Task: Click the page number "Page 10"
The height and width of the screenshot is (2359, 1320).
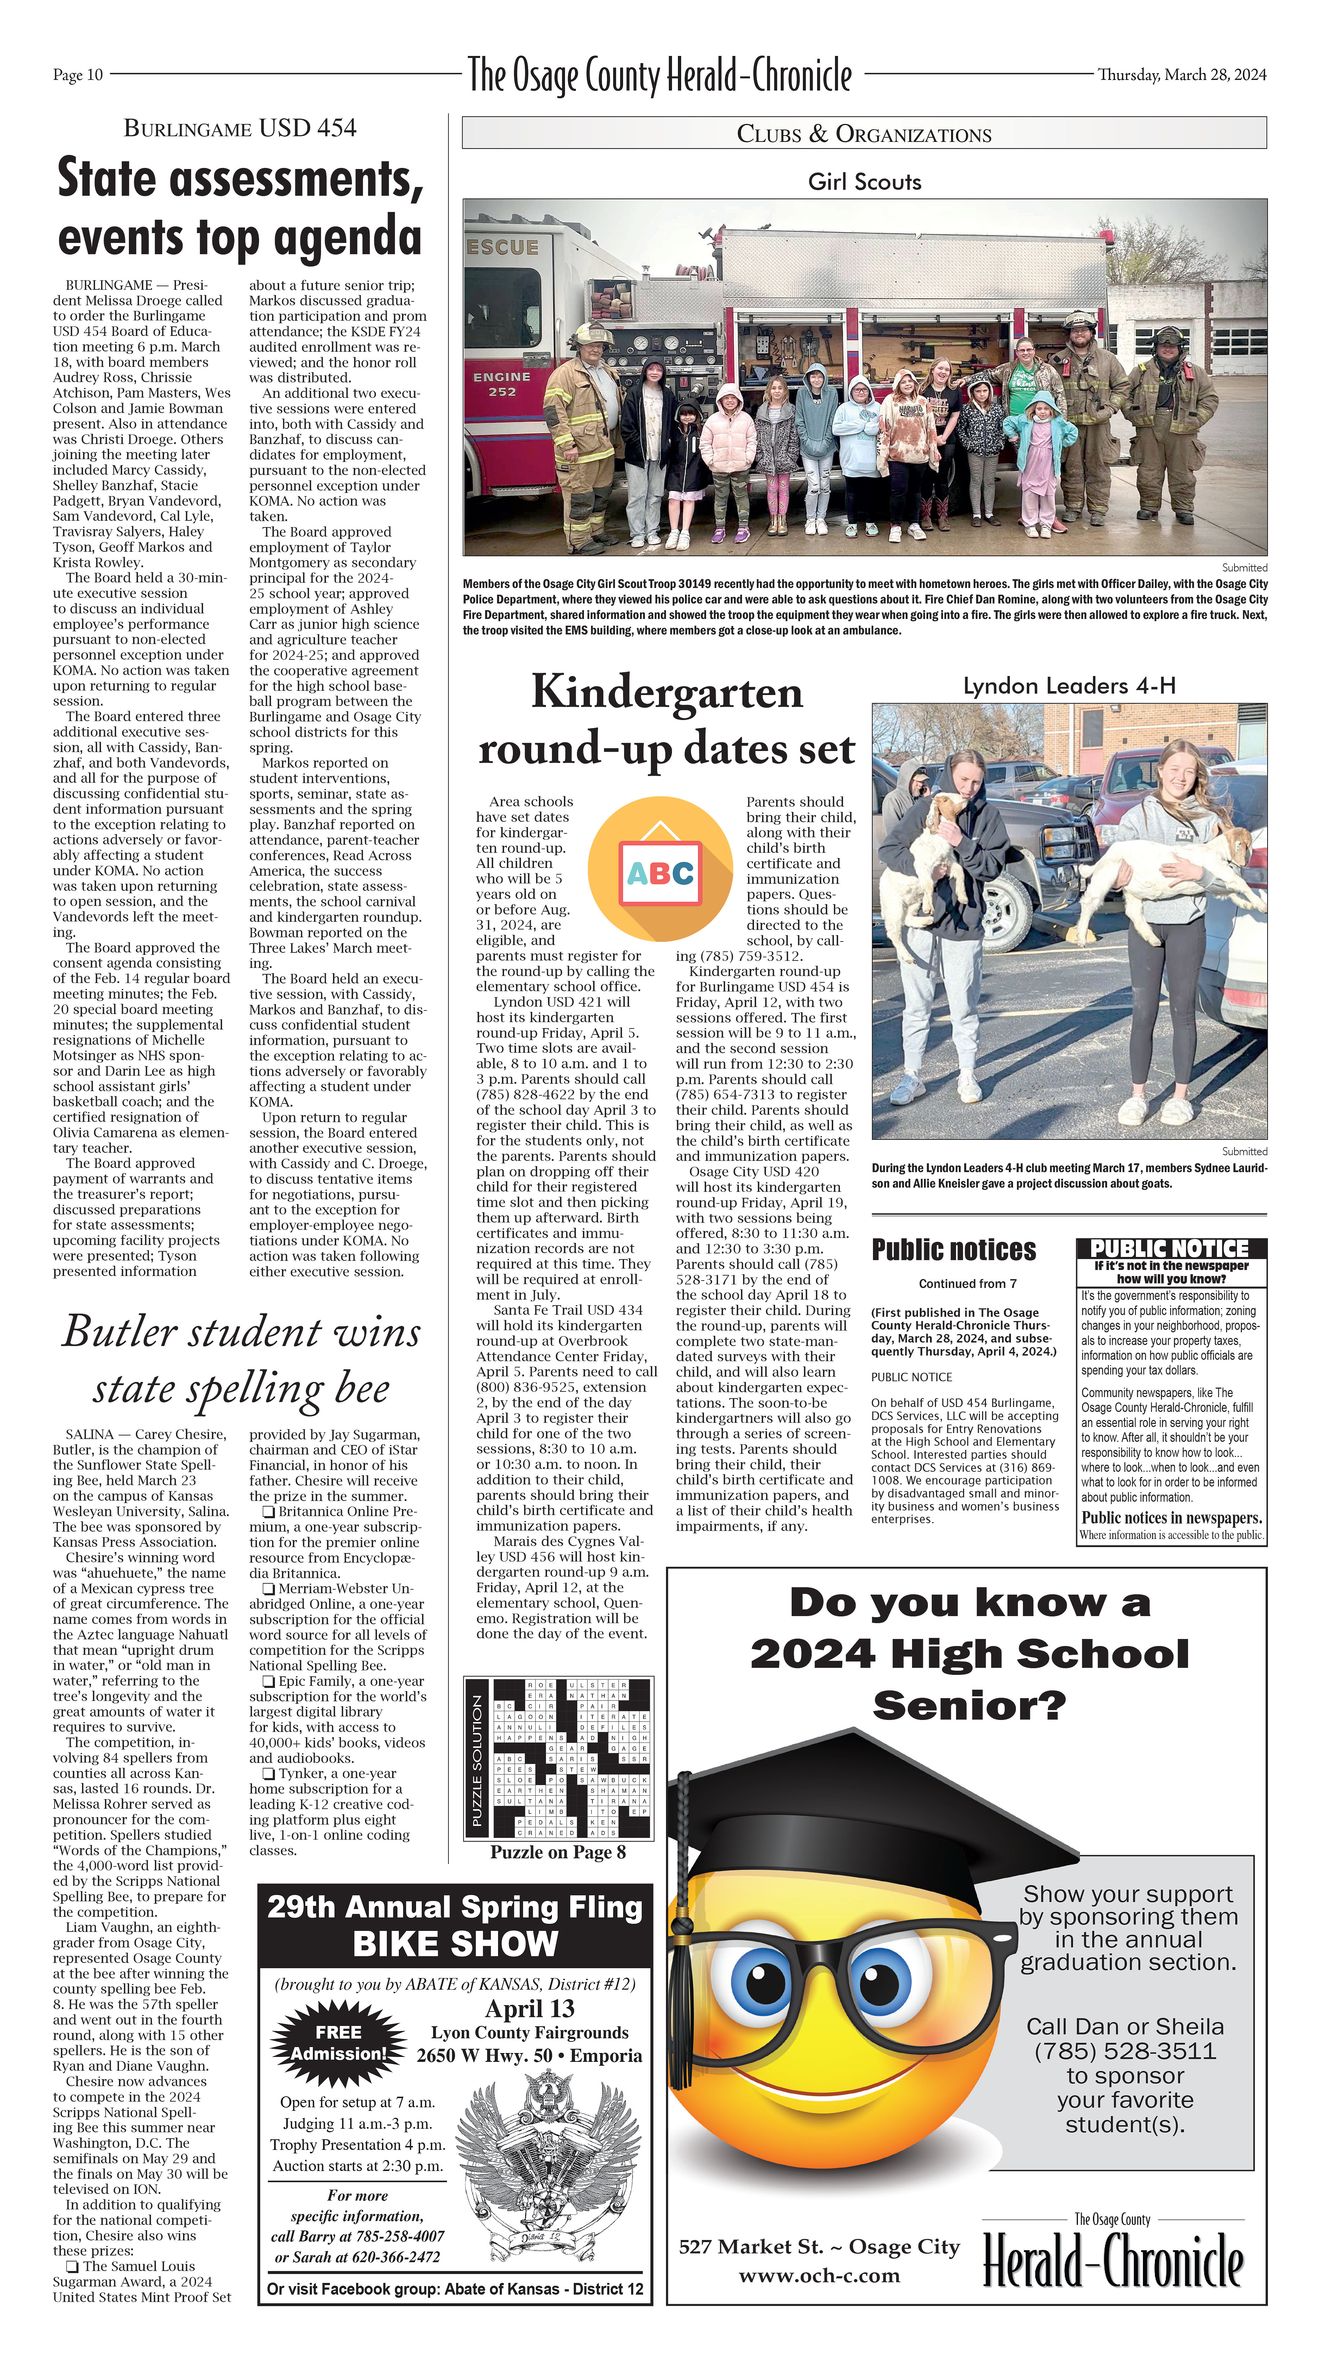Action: (x=78, y=75)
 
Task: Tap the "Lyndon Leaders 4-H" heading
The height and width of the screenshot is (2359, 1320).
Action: (x=1068, y=685)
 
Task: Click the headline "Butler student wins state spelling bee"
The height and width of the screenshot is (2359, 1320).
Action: (x=241, y=1360)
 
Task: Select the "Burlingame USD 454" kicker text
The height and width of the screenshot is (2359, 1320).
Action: (x=240, y=128)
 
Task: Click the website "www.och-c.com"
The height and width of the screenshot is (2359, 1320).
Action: (x=818, y=2275)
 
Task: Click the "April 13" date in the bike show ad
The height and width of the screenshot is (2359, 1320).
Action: (x=529, y=2008)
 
